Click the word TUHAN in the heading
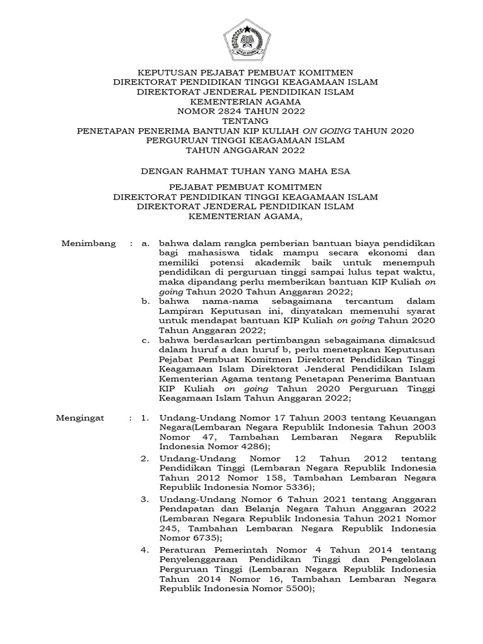(271, 170)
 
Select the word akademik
(270, 262)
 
